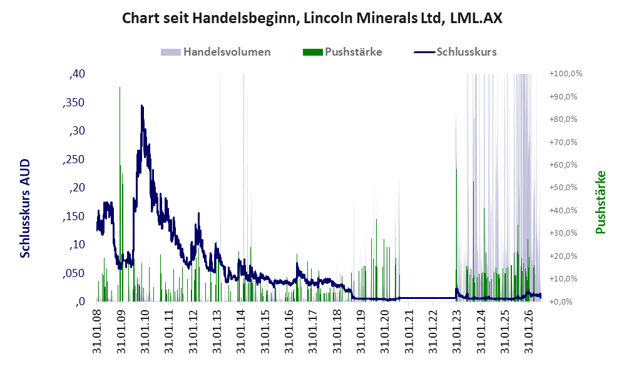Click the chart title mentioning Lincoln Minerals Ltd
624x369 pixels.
(312, 18)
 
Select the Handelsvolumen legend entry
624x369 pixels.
(216, 52)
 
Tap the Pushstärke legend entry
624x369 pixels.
(342, 52)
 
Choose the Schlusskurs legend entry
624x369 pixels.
(455, 52)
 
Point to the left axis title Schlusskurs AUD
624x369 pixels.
(25, 208)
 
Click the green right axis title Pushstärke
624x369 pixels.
(600, 202)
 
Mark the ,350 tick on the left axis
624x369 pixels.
(74, 103)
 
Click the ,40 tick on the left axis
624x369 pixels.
(77, 74)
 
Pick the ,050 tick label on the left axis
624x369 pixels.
(74, 273)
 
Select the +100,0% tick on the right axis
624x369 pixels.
(566, 74)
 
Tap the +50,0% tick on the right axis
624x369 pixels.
(563, 187)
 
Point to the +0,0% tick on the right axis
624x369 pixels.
(563, 301)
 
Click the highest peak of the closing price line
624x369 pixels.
(141, 106)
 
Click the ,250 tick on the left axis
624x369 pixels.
(74, 159)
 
